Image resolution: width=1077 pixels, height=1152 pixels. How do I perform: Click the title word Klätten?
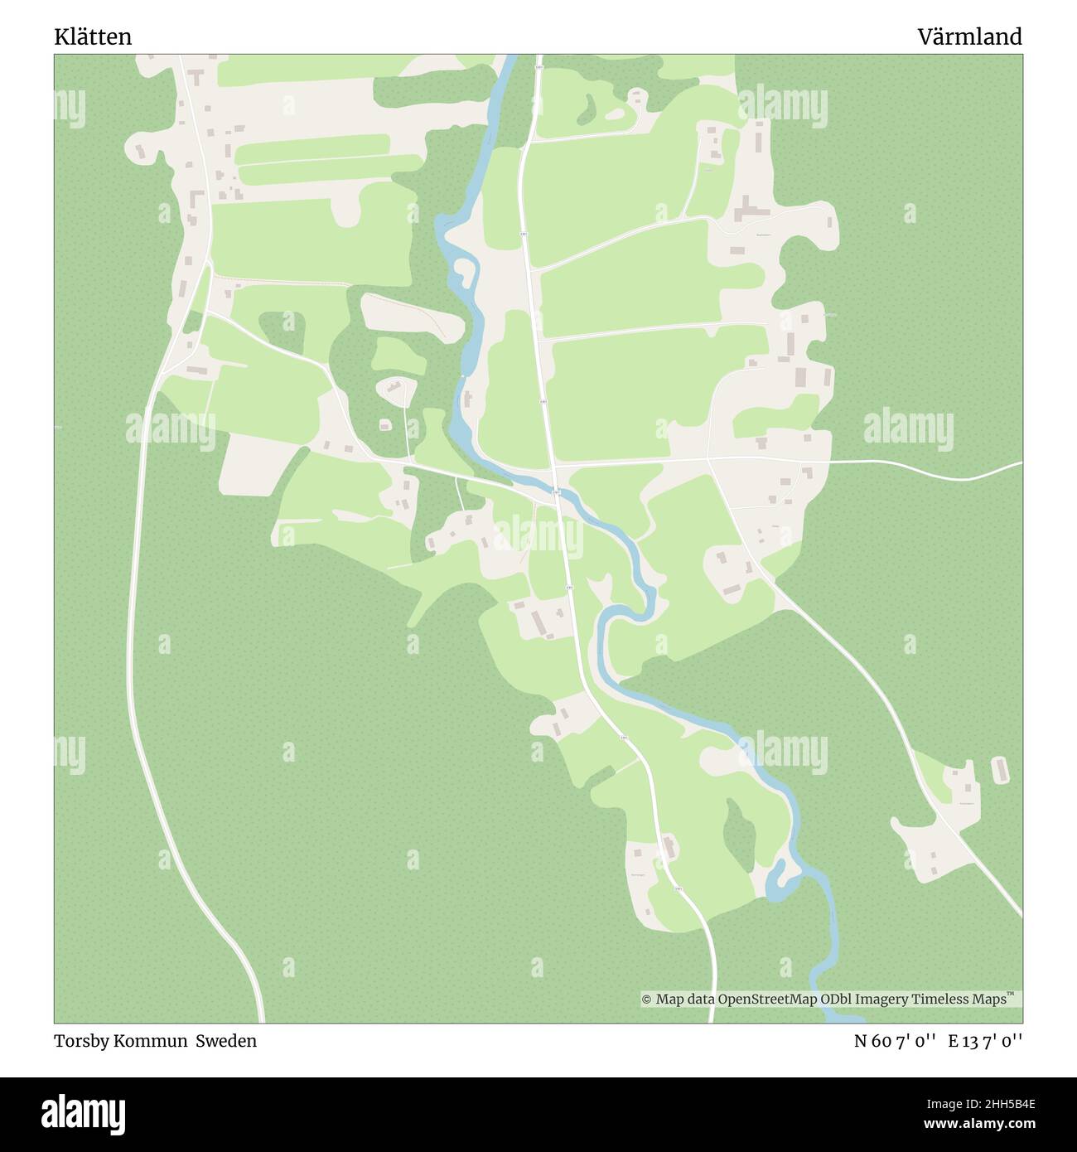tap(93, 37)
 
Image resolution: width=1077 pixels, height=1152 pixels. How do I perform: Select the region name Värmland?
tap(969, 37)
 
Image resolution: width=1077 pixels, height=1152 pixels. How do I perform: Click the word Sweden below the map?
tap(226, 1041)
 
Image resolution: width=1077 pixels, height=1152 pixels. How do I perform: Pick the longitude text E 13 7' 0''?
tap(986, 1041)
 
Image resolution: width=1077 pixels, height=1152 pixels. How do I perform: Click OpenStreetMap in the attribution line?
tap(767, 1000)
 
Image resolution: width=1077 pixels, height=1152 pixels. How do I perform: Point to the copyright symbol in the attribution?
tap(647, 1000)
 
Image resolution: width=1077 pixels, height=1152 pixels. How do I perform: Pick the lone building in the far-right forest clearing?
tap(999, 769)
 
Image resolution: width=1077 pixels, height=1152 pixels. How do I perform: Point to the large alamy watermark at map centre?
tap(538, 535)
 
